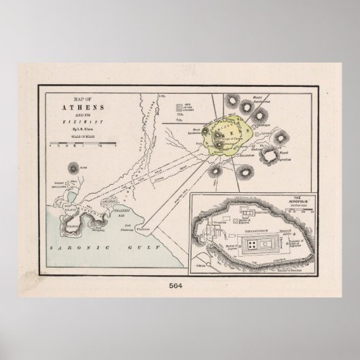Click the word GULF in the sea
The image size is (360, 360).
point(135,251)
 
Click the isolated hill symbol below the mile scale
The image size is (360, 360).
point(72,167)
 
